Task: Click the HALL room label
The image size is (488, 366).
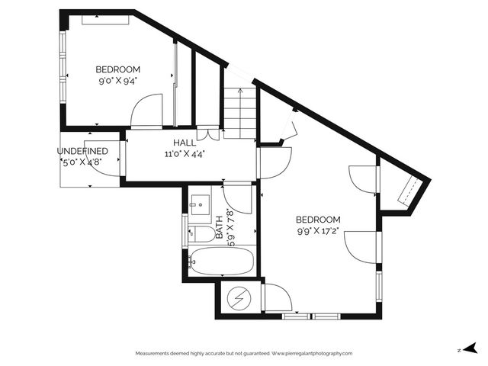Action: click(184, 142)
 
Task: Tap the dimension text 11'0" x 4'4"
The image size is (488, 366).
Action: click(184, 152)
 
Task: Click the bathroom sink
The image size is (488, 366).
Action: click(200, 204)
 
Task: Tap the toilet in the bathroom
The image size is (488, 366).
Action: click(200, 233)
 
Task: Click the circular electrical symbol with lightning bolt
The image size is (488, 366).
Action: click(240, 297)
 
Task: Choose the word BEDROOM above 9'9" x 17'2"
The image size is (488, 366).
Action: click(319, 220)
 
